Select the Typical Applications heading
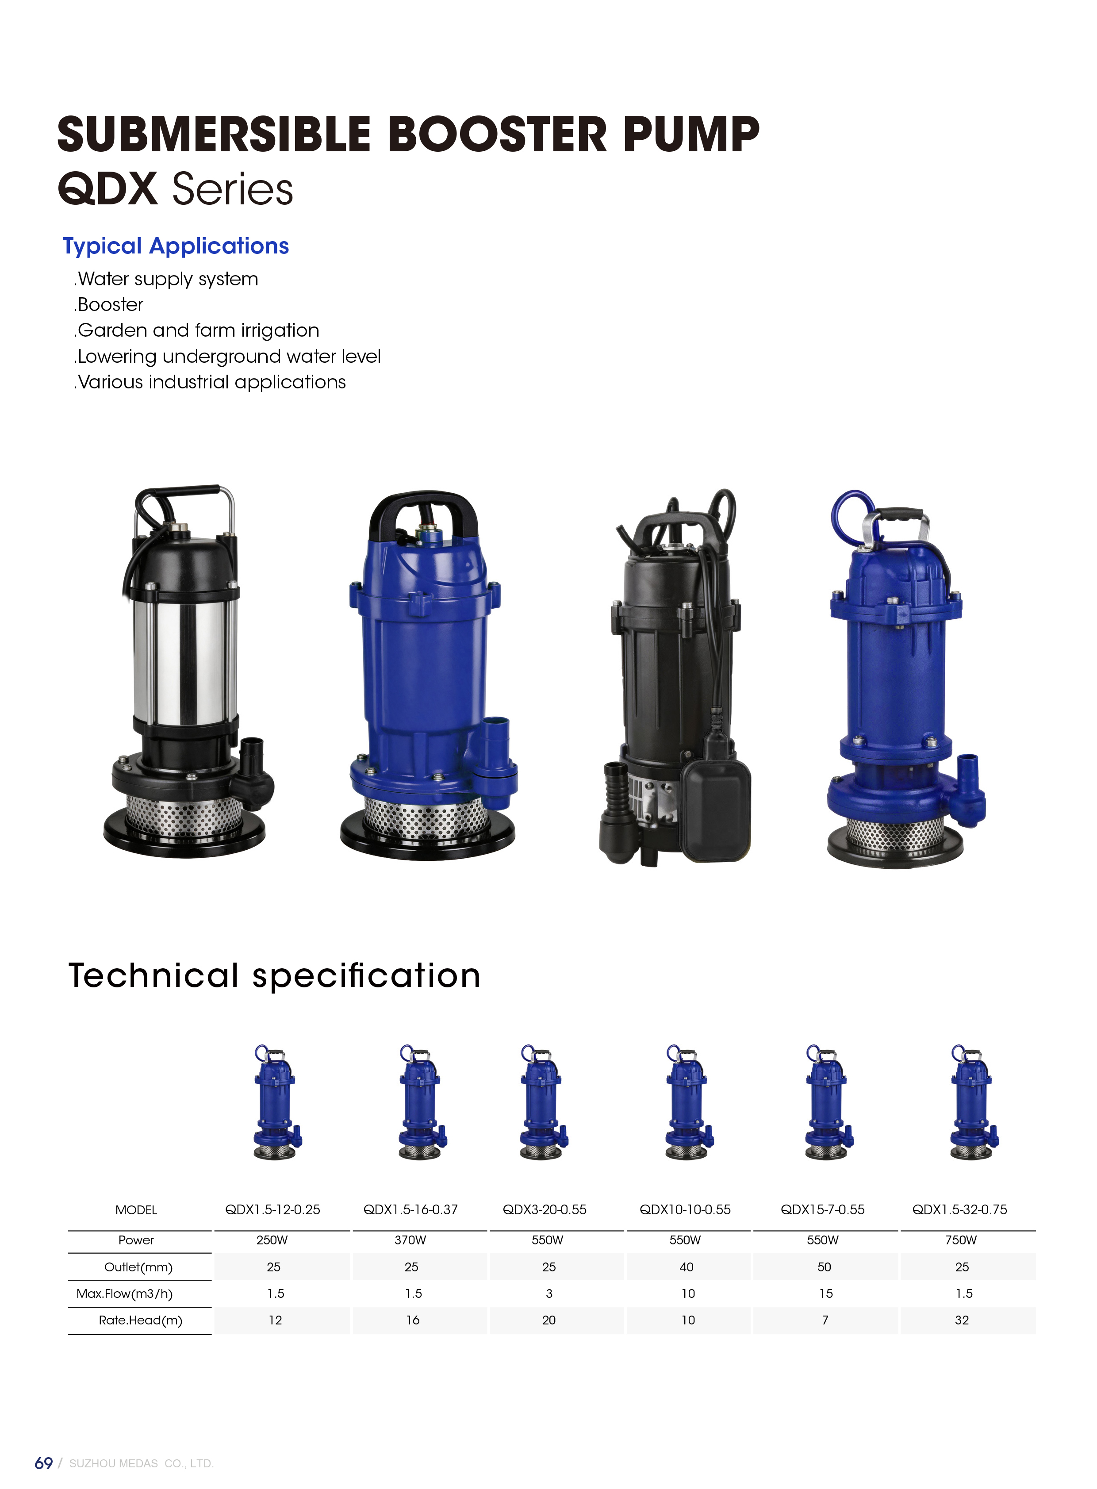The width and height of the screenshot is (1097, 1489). click(176, 246)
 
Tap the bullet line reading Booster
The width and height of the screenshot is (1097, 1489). click(109, 305)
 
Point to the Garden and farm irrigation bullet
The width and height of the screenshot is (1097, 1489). click(196, 331)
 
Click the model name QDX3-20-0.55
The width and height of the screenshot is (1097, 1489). click(545, 1210)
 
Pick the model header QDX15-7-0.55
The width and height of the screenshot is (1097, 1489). click(823, 1210)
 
